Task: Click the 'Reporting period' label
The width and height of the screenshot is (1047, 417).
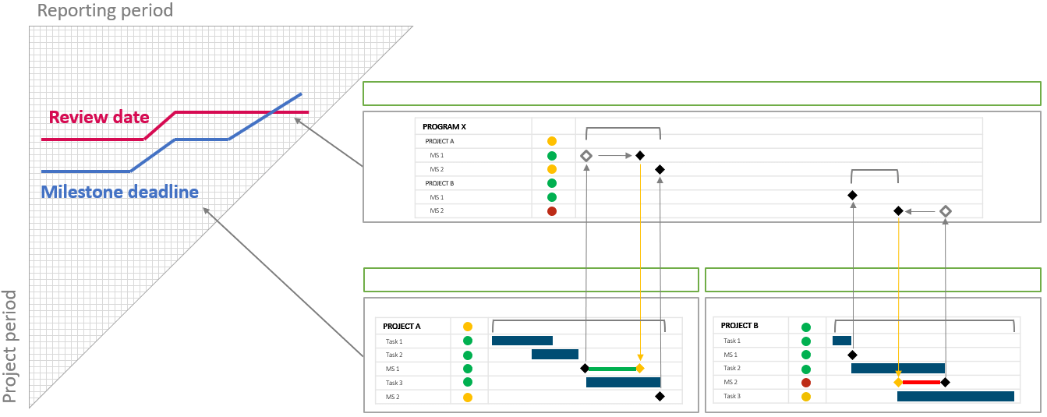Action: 105,11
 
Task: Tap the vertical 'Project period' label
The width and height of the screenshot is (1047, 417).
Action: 11,347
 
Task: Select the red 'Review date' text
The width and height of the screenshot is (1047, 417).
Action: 99,118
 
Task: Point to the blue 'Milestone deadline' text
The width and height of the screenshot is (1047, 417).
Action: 119,192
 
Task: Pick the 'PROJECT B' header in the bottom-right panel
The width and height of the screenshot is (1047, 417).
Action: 740,326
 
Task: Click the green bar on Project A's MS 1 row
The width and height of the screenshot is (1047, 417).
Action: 612,369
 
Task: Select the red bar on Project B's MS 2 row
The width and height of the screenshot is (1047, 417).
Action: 921,383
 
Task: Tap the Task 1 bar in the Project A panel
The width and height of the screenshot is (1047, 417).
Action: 522,341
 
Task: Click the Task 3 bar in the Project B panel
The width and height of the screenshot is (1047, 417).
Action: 955,396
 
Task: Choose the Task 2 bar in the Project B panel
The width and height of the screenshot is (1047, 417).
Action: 897,369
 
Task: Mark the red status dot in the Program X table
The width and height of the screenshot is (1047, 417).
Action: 552,211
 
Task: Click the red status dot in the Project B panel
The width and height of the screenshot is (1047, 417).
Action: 806,383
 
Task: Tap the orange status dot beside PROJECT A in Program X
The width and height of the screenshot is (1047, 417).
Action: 552,141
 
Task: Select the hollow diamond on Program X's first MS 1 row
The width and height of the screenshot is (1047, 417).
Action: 586,156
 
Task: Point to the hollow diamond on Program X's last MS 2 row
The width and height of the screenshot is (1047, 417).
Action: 946,211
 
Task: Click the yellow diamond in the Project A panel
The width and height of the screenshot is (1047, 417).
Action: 640,369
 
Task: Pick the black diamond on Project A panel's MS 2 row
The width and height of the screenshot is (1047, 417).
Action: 660,397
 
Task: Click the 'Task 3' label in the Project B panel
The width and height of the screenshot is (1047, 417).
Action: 732,397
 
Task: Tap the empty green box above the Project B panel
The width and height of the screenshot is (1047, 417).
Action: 872,280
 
